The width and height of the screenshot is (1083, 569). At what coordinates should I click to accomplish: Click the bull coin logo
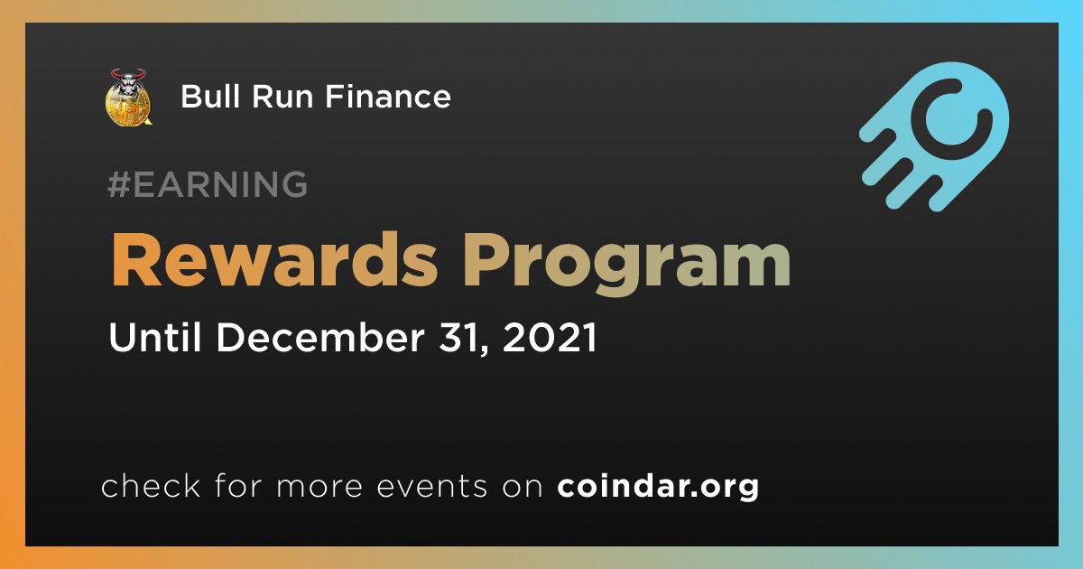(x=128, y=98)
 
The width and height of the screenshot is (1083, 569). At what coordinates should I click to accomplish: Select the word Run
(x=282, y=97)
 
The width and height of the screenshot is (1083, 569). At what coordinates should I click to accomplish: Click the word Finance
(x=388, y=96)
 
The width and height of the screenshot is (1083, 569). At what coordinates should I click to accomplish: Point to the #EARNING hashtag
(x=208, y=184)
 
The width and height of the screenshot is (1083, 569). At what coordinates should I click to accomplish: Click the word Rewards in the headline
(x=274, y=260)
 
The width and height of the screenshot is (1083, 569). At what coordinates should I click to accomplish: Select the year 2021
(x=550, y=337)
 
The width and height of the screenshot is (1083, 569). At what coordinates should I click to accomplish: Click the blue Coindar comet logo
(x=934, y=136)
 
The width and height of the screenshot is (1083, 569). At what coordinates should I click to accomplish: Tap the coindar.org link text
(x=658, y=486)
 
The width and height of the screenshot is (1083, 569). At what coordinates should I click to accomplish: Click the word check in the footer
(x=151, y=485)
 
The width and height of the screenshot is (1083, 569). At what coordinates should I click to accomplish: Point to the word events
(x=431, y=486)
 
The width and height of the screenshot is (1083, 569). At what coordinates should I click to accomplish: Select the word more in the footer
(x=319, y=486)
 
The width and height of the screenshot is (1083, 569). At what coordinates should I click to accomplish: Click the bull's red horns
(x=128, y=74)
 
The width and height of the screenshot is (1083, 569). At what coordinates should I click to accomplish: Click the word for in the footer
(x=238, y=485)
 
